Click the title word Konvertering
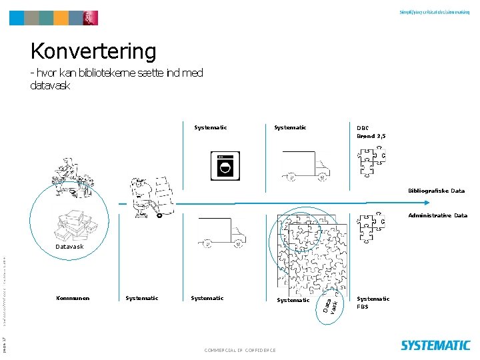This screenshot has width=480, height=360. (93, 51)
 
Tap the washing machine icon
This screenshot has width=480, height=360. (226, 166)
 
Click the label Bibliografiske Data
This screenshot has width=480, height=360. (437, 191)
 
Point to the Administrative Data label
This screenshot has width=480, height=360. (437, 215)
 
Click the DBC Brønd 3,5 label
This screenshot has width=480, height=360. (371, 131)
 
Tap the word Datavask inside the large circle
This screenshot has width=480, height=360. (69, 247)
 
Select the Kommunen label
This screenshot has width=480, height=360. (73, 298)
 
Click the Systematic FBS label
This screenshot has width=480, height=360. (373, 302)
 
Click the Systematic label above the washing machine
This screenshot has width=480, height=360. (211, 127)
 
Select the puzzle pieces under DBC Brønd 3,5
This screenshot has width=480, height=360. (371, 163)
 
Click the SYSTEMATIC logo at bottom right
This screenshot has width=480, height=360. (435, 345)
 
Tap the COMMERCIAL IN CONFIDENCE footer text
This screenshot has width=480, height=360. (241, 350)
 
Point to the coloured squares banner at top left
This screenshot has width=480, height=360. (53, 17)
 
